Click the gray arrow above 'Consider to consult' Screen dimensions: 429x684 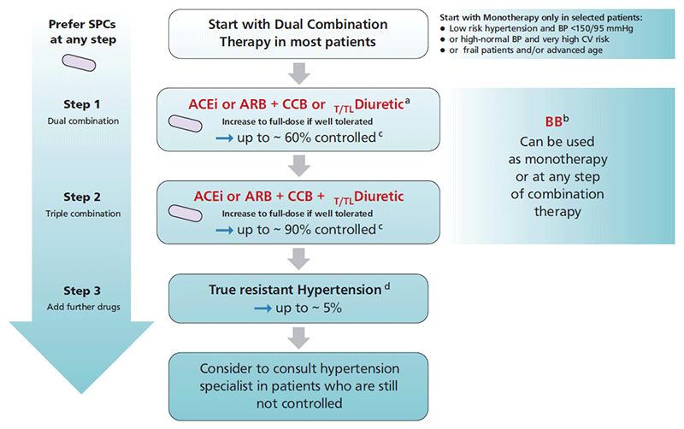pyautogui.click(x=298, y=337)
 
